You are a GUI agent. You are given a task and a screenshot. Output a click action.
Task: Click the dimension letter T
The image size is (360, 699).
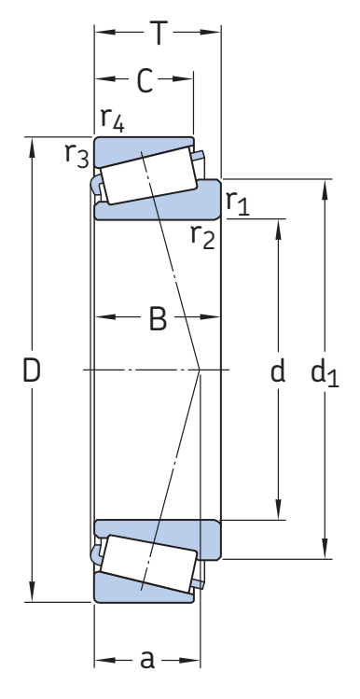(159, 33)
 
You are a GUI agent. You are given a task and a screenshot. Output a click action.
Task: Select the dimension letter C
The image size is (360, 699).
(145, 80)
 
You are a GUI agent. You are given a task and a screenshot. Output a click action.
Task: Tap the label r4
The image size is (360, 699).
(112, 119)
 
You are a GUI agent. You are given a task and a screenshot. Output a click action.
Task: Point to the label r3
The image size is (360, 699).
(76, 155)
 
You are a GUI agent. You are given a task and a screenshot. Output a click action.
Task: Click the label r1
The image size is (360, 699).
(238, 203)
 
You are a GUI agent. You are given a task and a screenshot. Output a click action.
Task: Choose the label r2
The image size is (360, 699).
(202, 235)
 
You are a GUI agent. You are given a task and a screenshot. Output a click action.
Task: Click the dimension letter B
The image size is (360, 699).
(158, 318)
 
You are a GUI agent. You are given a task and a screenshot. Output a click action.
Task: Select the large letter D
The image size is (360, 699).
(32, 370)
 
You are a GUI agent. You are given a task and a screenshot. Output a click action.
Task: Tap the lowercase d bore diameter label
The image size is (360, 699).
(278, 370)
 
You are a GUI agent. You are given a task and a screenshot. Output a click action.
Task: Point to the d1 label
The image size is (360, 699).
(325, 372)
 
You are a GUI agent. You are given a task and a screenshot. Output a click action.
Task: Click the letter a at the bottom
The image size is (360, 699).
(147, 660)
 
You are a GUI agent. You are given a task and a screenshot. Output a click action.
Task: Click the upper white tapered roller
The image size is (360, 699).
(148, 175)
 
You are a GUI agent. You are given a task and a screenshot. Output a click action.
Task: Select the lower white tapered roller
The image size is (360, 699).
(148, 564)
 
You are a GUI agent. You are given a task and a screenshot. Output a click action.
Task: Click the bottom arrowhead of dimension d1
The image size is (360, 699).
(325, 548)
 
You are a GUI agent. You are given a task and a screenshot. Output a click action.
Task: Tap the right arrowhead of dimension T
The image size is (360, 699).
(210, 32)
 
